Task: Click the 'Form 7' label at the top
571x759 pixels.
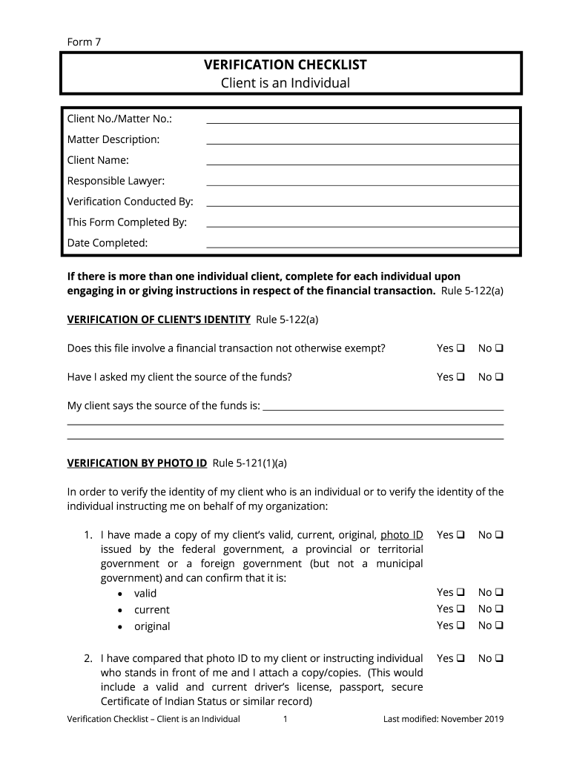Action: click(84, 42)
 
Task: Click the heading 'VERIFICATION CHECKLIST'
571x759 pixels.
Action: click(285, 65)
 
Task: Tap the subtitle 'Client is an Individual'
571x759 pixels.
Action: click(285, 83)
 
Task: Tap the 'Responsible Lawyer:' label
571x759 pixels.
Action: click(116, 181)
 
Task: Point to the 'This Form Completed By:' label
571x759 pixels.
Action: click(127, 222)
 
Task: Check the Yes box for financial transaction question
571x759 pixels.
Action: click(461, 348)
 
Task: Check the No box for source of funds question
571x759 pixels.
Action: click(499, 377)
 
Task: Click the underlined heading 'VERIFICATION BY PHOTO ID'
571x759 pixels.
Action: click(137, 463)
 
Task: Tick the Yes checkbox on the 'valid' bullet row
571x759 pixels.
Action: click(461, 592)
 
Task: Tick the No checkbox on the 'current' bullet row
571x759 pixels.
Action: click(499, 609)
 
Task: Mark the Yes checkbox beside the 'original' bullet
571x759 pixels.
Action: click(461, 626)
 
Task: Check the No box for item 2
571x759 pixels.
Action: click(499, 658)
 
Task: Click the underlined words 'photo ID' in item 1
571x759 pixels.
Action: click(401, 534)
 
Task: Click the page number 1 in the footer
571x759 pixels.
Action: click(285, 719)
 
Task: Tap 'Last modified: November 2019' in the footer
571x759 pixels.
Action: click(443, 719)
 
